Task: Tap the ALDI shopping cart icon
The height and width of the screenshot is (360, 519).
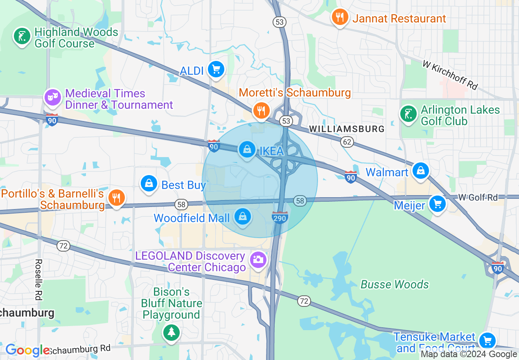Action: coord(216,70)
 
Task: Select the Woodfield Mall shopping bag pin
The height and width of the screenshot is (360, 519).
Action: coord(243,216)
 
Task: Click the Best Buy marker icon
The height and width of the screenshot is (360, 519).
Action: coord(149,184)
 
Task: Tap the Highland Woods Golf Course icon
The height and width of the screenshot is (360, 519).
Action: coord(22,36)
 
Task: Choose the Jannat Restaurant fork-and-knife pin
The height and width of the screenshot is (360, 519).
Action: coord(339,18)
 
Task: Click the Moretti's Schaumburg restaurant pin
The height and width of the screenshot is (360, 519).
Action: coord(261,110)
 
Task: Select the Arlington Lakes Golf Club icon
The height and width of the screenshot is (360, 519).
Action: coord(408,114)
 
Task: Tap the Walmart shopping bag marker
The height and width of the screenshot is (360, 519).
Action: coord(420,171)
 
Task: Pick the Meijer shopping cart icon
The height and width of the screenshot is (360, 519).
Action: coord(437,203)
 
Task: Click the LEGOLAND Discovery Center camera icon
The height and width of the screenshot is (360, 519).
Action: coord(258,260)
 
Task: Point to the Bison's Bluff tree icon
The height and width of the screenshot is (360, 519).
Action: coord(171,332)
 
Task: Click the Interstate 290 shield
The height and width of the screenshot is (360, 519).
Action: coord(280,218)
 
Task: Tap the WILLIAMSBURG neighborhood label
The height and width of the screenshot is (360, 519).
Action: coord(347,129)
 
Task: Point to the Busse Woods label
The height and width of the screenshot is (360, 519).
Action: coord(395,284)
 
